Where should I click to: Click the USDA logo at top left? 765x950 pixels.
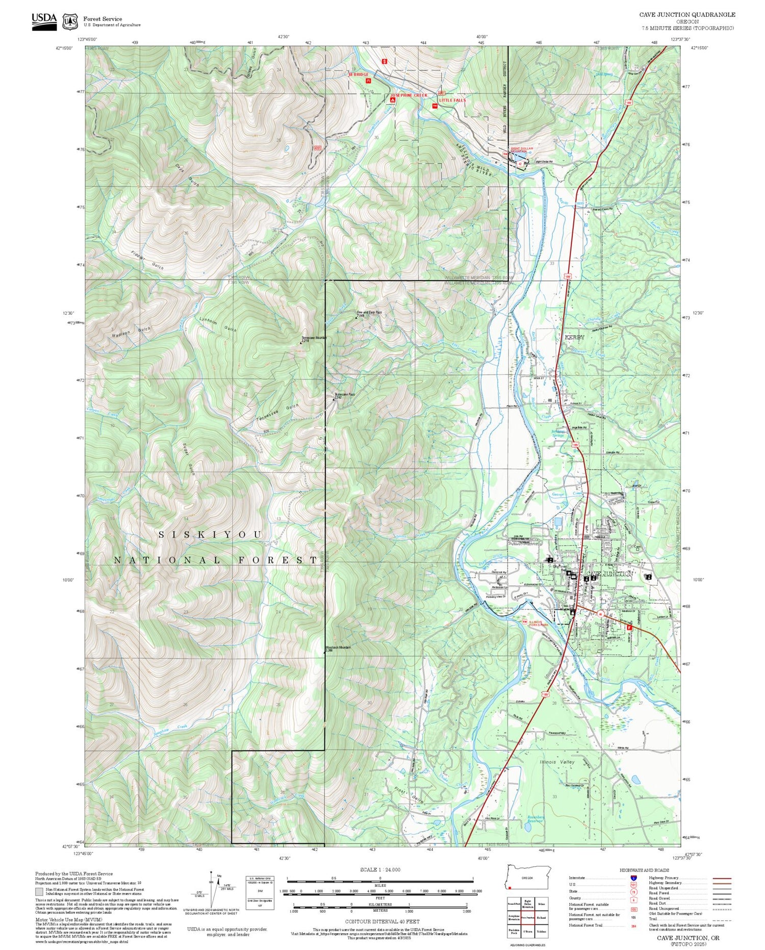pyautogui.click(x=44, y=21)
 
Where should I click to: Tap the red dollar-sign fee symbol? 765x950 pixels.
pyautogui.click(x=385, y=61)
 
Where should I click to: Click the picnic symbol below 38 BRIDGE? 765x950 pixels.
pyautogui.click(x=368, y=80)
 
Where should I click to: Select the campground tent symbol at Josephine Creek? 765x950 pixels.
pyautogui.click(x=392, y=101)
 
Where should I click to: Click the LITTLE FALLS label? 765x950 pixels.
pyautogui.click(x=452, y=101)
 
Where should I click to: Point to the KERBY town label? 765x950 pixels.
pyautogui.click(x=574, y=337)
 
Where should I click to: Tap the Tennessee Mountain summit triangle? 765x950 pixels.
pyautogui.click(x=301, y=343)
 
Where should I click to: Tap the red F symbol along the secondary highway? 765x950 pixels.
pyautogui.click(x=629, y=628)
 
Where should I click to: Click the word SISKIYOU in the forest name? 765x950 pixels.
pyautogui.click(x=211, y=534)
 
